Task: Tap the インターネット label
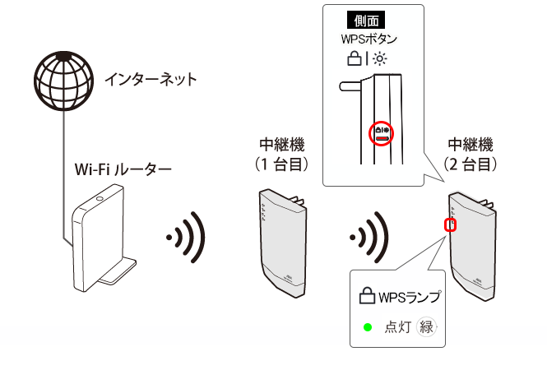(151, 80)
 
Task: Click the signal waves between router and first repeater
(186, 238)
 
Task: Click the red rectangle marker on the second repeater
(449, 224)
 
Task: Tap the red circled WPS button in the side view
(381, 132)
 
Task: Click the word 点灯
(396, 327)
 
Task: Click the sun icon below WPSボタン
(379, 58)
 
